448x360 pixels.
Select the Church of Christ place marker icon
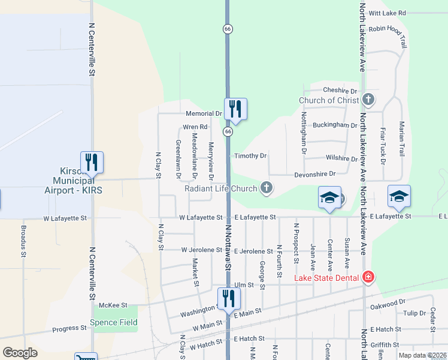368,99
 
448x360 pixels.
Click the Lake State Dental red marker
368,277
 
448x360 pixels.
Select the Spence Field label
114,323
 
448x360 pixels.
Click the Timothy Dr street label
250,156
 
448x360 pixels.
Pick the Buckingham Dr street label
335,125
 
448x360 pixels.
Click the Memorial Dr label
204,113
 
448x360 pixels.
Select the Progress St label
69,328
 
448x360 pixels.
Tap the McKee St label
114,305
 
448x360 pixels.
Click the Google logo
20,353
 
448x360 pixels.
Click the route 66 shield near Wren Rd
228,131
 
